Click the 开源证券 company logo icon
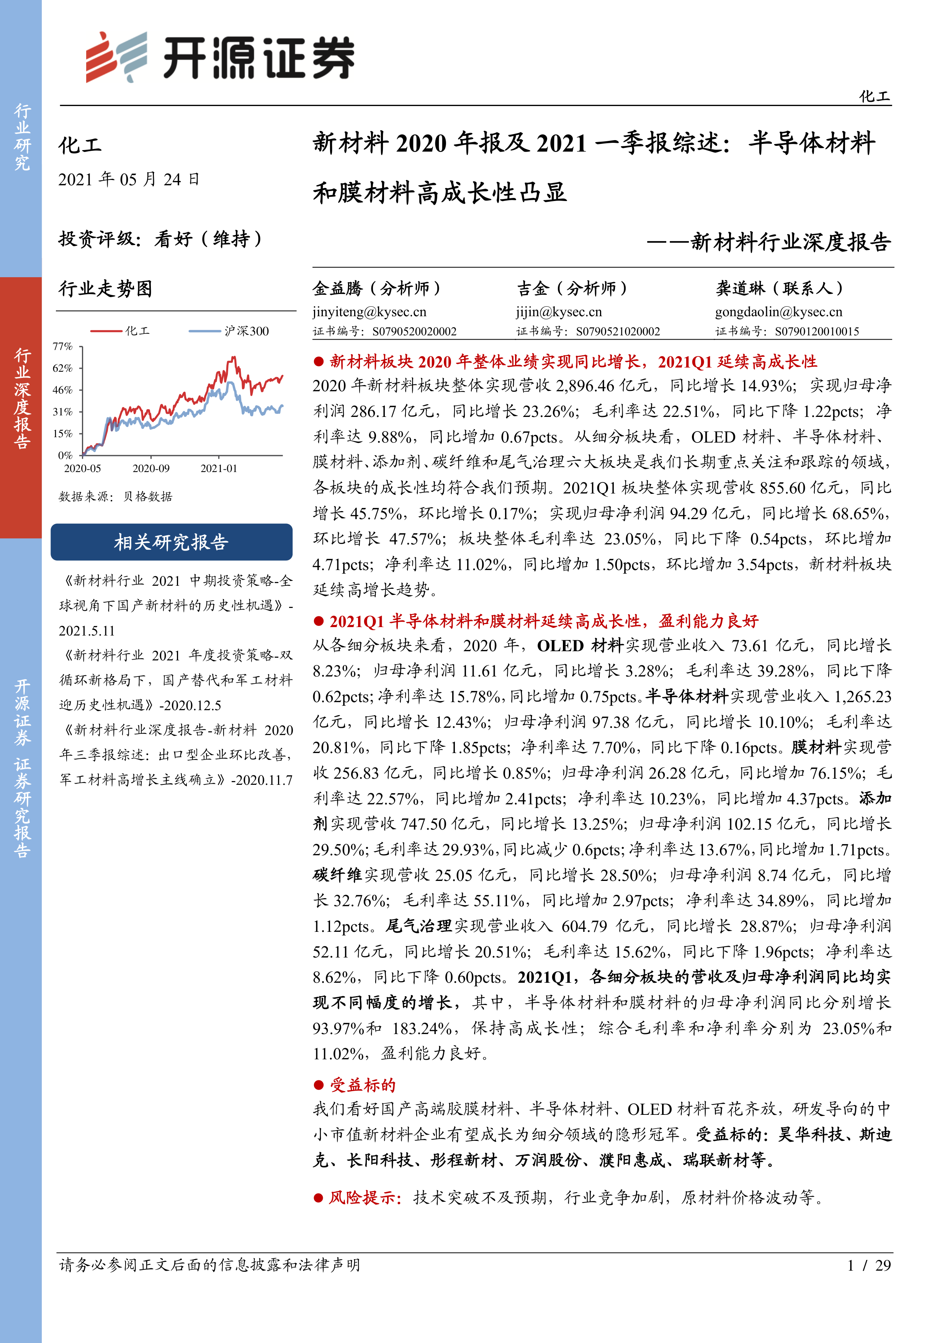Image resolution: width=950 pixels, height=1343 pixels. (x=116, y=57)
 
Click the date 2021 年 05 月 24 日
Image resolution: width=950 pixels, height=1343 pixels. (x=129, y=180)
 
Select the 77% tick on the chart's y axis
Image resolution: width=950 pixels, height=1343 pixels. (x=62, y=346)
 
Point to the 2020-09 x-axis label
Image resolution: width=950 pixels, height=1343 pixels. (x=151, y=469)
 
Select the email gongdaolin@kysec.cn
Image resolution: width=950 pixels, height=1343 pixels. (x=778, y=312)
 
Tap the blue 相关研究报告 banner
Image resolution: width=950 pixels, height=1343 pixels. (x=172, y=542)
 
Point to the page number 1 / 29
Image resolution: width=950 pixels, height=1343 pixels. (x=869, y=1265)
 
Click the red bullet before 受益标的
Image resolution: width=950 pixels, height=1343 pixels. (x=319, y=1085)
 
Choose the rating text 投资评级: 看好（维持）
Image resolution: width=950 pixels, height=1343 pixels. (x=160, y=239)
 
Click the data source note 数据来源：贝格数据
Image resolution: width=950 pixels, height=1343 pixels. (x=115, y=497)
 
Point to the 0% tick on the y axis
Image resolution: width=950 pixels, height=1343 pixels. (x=65, y=455)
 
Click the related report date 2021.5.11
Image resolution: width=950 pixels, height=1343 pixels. (x=87, y=631)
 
